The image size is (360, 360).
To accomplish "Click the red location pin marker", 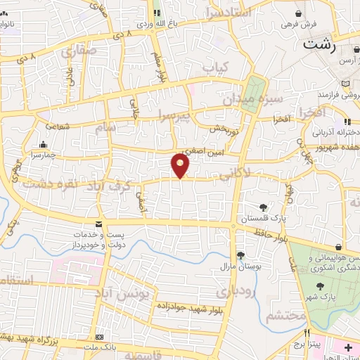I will pos(181,165).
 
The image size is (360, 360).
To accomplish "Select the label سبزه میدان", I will pos(252,99).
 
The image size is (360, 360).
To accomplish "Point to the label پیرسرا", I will pos(174,115).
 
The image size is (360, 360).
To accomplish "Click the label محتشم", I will pos(285,316).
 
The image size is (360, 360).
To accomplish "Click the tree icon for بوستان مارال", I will pos(240,255).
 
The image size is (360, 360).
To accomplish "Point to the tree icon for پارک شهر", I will pos(321,286).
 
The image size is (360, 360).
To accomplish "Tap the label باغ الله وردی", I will pos(154,23).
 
